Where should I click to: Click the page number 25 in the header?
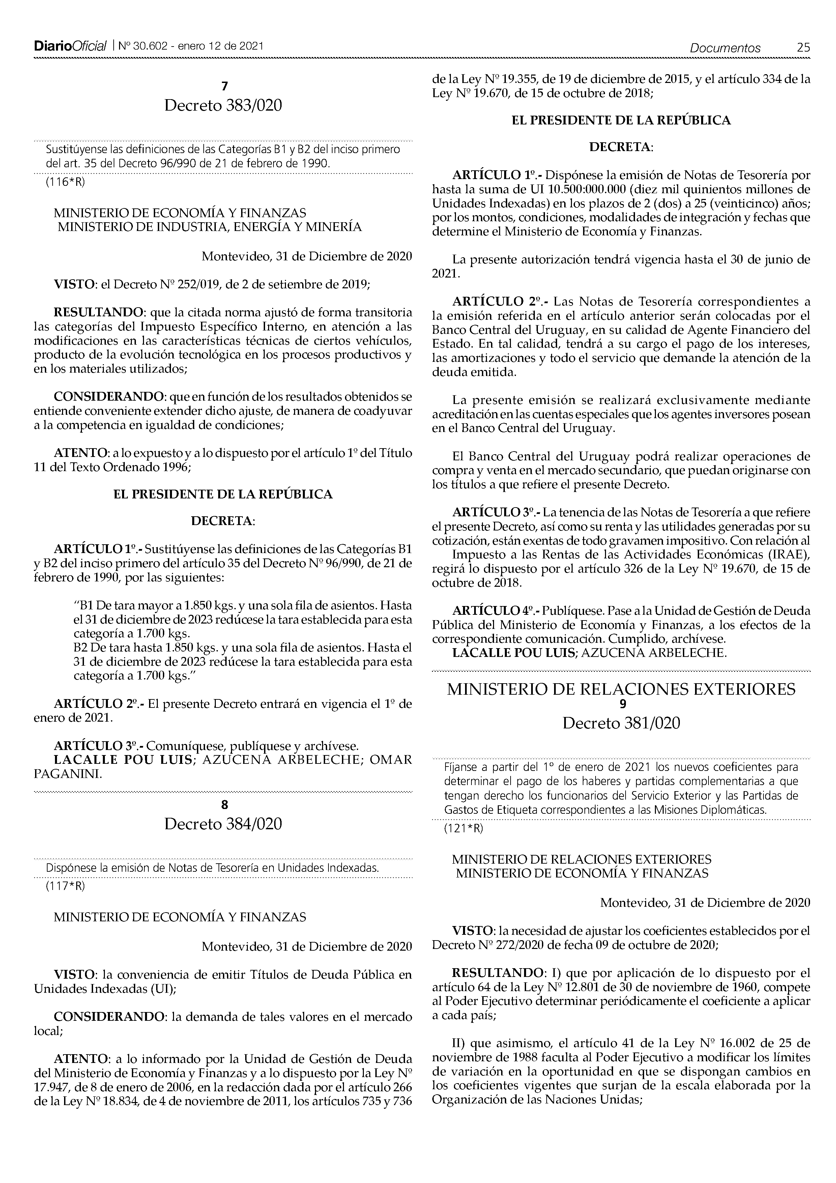coord(803,48)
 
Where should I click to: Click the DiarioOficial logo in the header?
coord(69,47)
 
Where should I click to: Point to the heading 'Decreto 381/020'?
coord(621,723)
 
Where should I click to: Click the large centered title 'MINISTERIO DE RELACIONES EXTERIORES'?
coord(621,689)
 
